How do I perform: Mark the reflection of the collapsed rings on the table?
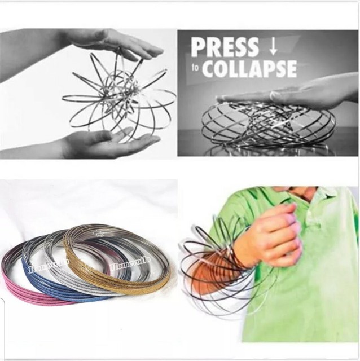click(x=265, y=149)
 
